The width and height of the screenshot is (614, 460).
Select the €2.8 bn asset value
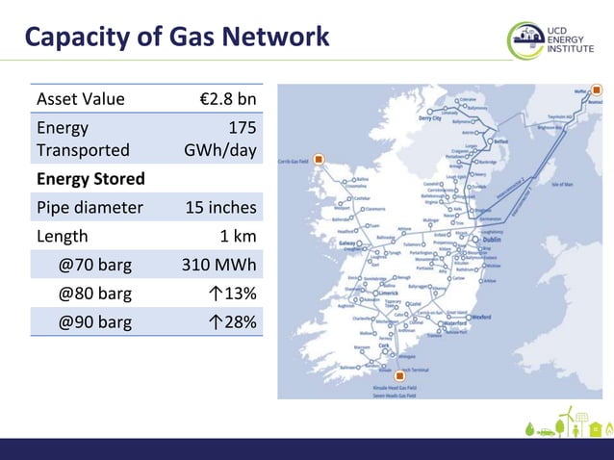tap(225, 98)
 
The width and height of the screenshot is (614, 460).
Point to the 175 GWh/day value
tap(222, 139)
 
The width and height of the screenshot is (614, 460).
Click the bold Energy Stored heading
tap(90, 179)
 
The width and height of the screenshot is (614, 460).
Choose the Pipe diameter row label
tap(90, 207)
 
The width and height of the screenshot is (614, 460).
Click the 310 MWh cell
tap(219, 265)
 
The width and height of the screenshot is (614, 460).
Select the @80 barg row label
tap(94, 294)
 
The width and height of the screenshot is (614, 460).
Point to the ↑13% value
tap(234, 294)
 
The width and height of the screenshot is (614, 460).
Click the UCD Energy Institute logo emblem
tap(524, 40)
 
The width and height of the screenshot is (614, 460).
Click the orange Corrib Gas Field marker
tap(319, 160)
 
